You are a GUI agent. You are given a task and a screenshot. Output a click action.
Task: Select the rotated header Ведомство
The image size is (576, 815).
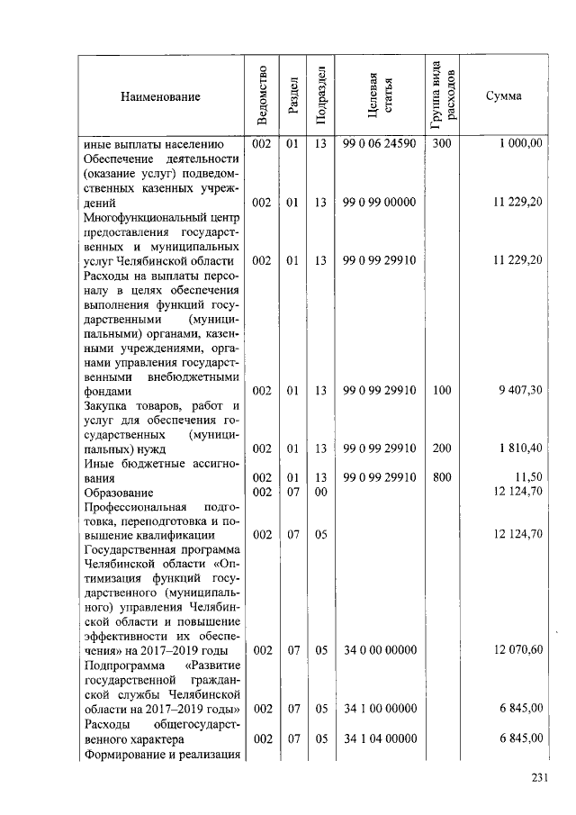[261, 95]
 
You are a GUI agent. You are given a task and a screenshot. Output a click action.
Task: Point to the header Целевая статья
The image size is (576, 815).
[379, 95]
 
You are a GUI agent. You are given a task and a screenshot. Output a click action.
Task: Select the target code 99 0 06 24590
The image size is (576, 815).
[379, 143]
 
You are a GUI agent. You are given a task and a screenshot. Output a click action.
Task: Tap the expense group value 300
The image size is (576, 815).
[441, 143]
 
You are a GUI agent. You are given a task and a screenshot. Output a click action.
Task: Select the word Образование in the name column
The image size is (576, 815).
[118, 492]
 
